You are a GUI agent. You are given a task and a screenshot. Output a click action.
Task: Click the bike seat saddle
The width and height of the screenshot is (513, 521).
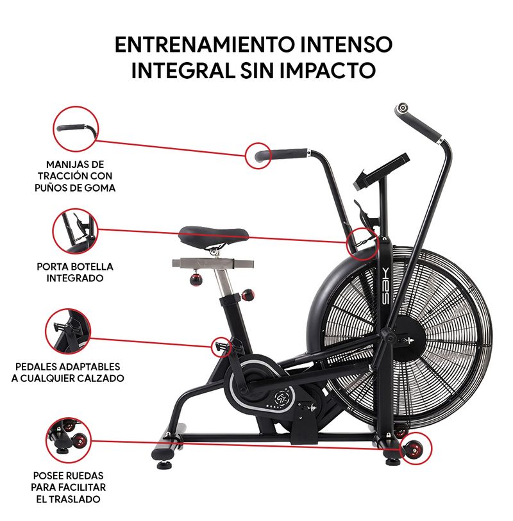coord(214,236)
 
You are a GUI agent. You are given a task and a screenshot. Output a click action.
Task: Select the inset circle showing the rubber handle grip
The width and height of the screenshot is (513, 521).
coord(76,129)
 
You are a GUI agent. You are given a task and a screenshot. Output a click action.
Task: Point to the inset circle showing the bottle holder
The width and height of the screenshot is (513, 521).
coord(75,231)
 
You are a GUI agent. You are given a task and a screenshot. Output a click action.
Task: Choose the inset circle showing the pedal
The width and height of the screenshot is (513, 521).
coord(68,331)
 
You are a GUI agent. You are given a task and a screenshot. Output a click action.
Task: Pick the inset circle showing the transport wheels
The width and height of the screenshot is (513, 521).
coord(69,440)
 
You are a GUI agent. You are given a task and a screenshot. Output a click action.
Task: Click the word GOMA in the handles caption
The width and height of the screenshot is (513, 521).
coord(99,188)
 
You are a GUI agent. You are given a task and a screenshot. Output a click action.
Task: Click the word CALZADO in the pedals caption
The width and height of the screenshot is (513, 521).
coord(101,378)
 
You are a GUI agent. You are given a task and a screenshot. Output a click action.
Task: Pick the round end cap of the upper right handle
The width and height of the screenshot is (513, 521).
coord(402,108)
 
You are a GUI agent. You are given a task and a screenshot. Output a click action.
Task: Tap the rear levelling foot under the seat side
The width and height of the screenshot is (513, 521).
coord(164,464)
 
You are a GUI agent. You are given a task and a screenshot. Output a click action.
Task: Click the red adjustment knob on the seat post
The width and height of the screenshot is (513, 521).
coord(248,295)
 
